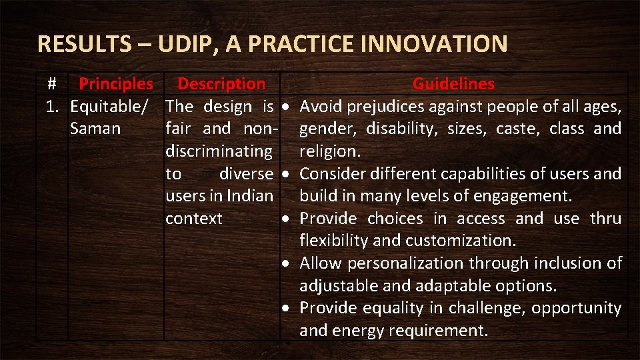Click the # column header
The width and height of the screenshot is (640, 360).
click(52, 84)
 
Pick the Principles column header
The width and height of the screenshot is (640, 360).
click(116, 84)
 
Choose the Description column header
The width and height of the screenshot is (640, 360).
click(221, 84)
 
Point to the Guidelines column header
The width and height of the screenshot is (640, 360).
click(453, 84)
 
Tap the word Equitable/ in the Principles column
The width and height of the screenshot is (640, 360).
click(112, 107)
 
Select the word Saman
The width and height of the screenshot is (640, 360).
click(95, 129)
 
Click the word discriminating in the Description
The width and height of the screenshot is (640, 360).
click(219, 151)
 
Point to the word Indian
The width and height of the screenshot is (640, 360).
click(250, 196)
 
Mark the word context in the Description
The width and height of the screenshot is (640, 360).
click(194, 219)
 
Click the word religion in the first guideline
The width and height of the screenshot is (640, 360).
click(328, 151)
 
